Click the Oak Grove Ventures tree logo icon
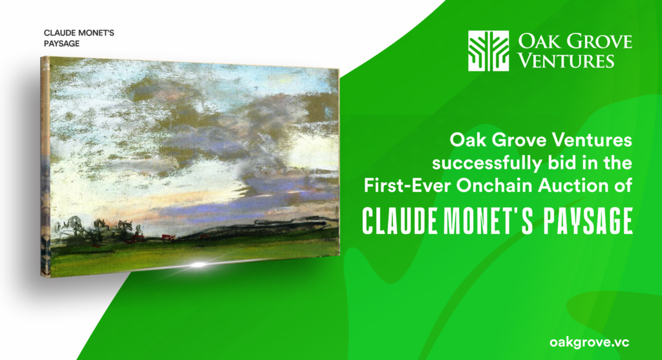click(488, 50)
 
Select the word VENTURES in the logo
click(566, 61)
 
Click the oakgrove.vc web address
click(590, 342)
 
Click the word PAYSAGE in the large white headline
click(588, 221)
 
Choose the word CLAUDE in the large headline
click(400, 221)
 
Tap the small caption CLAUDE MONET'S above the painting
click(79, 33)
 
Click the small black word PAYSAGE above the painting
click(61, 43)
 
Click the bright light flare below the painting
click(198, 265)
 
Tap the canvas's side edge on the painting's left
click(45, 167)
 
